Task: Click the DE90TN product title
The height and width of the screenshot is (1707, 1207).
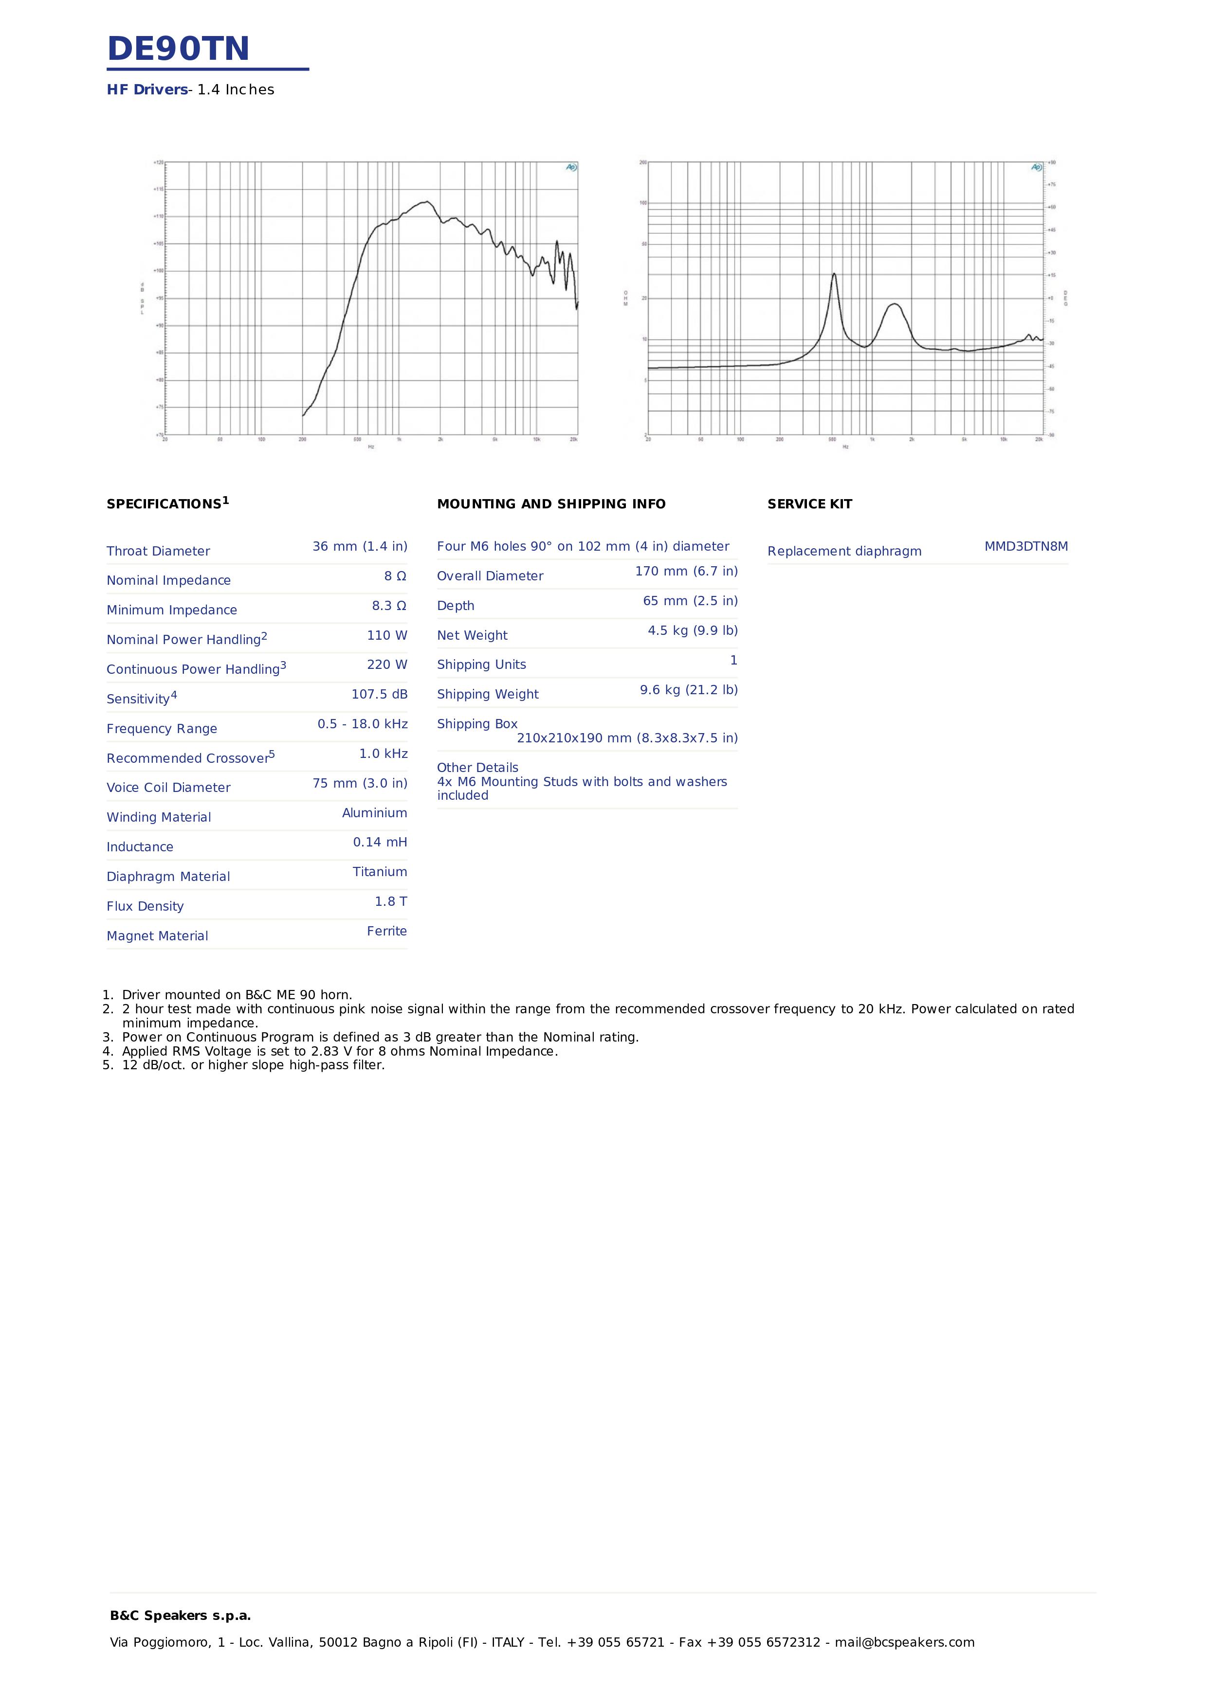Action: tap(179, 49)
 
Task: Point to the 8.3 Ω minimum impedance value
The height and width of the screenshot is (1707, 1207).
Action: tap(389, 606)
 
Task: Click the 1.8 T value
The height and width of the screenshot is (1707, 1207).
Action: tap(390, 902)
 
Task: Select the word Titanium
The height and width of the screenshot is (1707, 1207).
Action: tap(379, 872)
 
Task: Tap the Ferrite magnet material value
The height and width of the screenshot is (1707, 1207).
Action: tap(387, 932)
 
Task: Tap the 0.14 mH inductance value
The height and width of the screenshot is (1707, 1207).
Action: tap(380, 843)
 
